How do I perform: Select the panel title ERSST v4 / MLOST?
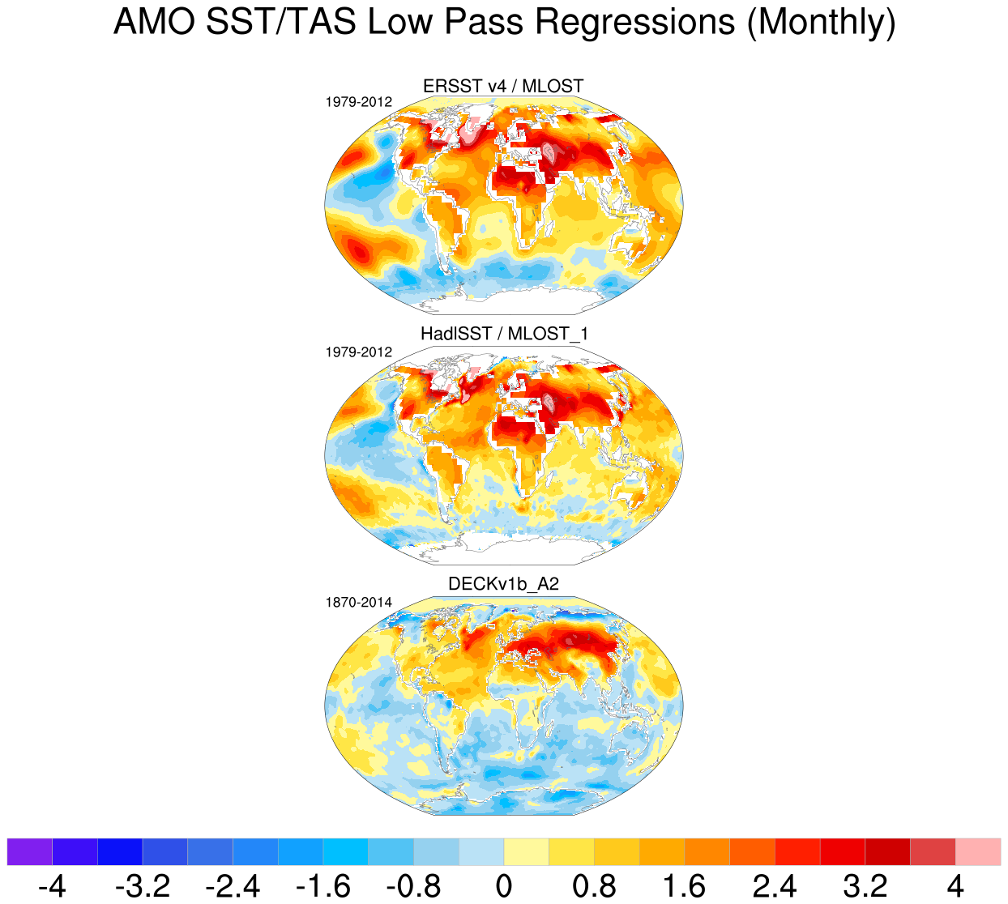(503, 86)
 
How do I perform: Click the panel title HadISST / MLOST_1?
(503, 334)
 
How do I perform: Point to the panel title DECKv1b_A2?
(503, 584)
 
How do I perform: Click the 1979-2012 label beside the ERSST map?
(358, 102)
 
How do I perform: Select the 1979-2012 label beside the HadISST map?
(358, 352)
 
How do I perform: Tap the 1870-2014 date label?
(358, 603)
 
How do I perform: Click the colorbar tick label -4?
(52, 886)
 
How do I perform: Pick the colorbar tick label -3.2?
(143, 886)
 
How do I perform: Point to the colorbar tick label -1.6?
(323, 886)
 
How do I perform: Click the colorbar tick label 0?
(504, 886)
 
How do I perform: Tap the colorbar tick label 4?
(955, 886)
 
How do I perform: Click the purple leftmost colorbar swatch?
(29, 852)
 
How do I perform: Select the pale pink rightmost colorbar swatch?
(978, 852)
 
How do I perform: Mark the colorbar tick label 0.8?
(594, 886)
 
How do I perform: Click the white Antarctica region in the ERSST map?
(519, 303)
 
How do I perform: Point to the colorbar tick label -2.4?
(233, 886)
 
